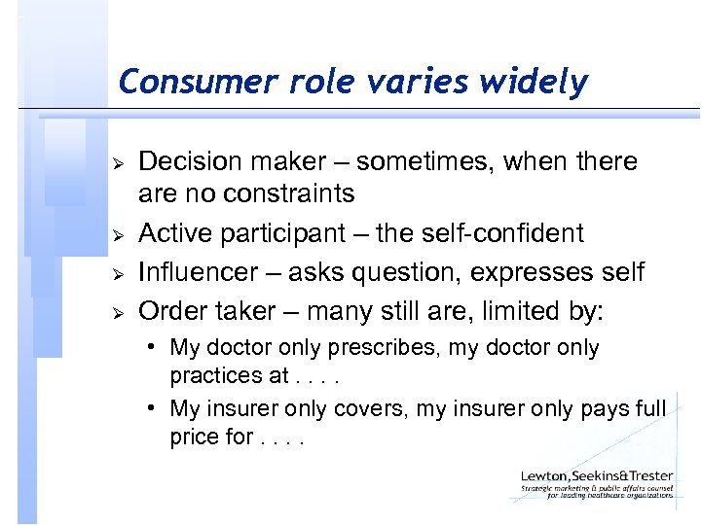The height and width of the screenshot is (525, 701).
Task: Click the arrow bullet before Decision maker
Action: (115, 161)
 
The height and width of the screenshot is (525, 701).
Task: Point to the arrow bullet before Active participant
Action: (115, 234)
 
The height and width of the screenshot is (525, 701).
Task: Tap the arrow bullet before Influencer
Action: (115, 273)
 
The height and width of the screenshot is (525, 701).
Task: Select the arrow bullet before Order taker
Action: (115, 312)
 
